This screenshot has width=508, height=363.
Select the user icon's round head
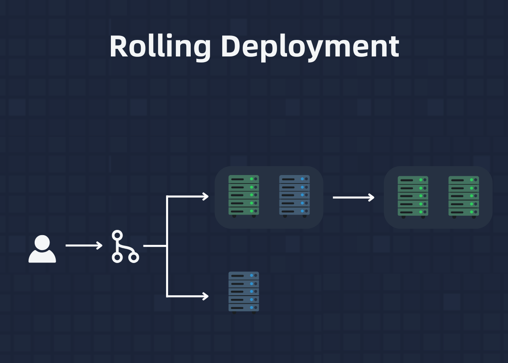tap(42, 242)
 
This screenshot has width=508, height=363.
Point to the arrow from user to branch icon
tap(84, 246)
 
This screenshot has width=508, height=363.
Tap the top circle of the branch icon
tap(117, 236)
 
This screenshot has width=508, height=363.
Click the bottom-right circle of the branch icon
tap(133, 257)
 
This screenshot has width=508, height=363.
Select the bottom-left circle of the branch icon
tap(117, 257)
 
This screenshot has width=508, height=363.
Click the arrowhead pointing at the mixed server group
tap(206, 196)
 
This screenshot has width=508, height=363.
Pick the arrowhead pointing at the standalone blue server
tap(206, 296)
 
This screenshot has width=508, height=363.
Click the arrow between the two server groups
tap(354, 197)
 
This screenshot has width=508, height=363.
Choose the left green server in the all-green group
tap(413, 197)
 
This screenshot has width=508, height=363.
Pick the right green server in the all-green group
tap(464, 197)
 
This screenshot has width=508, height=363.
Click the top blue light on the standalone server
tap(252, 275)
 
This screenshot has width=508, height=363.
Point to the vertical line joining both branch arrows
tap(167, 246)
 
